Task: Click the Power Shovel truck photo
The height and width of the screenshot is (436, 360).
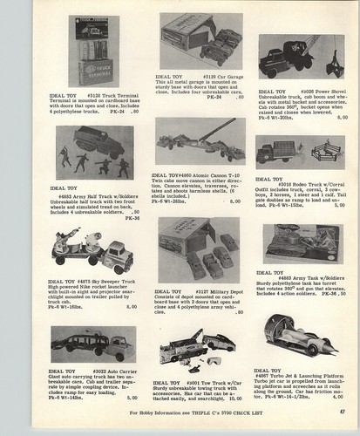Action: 293,58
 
